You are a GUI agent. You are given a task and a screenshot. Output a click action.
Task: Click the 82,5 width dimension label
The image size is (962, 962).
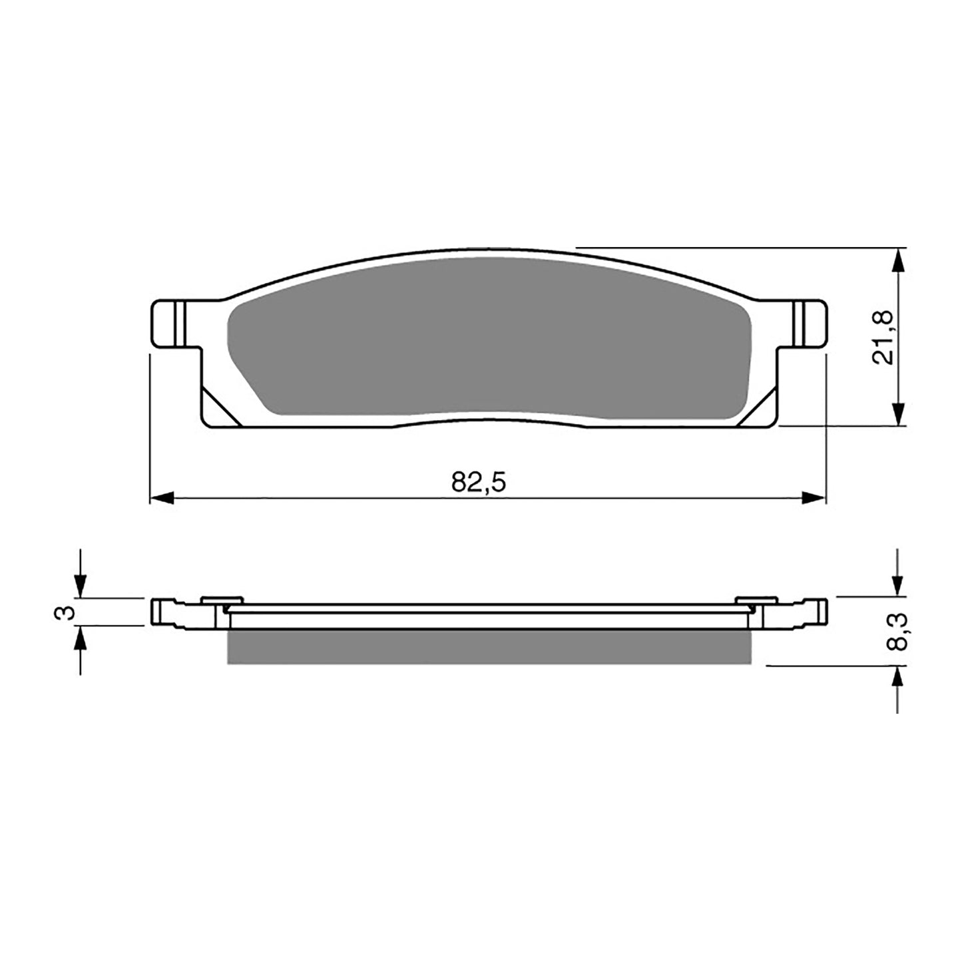pyautogui.click(x=479, y=481)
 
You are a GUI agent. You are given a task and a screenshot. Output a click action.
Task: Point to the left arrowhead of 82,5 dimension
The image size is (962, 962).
pyautogui.click(x=162, y=497)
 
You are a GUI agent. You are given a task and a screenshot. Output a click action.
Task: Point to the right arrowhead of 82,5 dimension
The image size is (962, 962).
pyautogui.click(x=814, y=497)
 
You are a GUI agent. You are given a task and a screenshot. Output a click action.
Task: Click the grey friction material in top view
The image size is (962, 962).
pyautogui.click(x=489, y=340)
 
